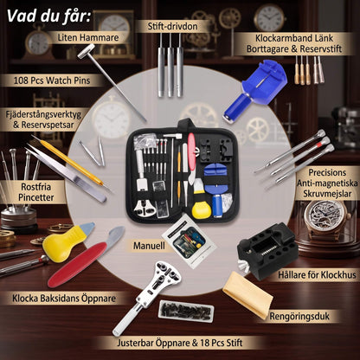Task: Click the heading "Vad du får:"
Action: pyautogui.click(x=48, y=16)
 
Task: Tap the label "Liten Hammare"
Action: pyautogui.click(x=88, y=37)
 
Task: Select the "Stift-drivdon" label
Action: pyautogui.click(x=172, y=26)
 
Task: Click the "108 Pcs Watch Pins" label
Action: pyautogui.click(x=52, y=80)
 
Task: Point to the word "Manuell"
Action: pyautogui.click(x=149, y=246)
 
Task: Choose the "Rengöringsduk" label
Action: pyautogui.click(x=299, y=316)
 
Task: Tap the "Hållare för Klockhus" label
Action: pyautogui.click(x=317, y=274)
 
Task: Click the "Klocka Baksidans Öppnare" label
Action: pyautogui.click(x=64, y=299)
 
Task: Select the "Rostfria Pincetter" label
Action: pyautogui.click(x=36, y=192)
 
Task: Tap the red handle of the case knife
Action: pyautogui.click(x=77, y=265)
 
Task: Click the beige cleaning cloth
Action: pyautogui.click(x=247, y=292)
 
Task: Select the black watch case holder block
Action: pyautogui.click(x=267, y=250)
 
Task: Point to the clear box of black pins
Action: pyautogui.click(x=186, y=312)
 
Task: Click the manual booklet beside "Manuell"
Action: pyautogui.click(x=189, y=241)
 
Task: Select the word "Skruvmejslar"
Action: pyautogui.click(x=327, y=194)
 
